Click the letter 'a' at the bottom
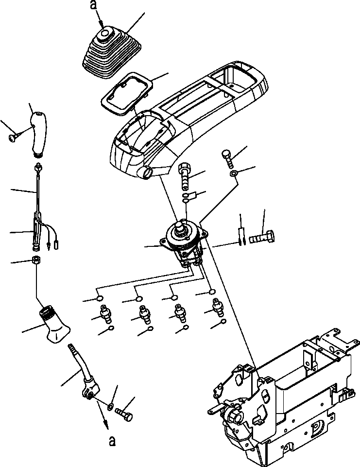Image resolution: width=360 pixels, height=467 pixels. tap(112, 441)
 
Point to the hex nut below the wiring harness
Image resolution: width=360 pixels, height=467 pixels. tap(36, 260)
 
